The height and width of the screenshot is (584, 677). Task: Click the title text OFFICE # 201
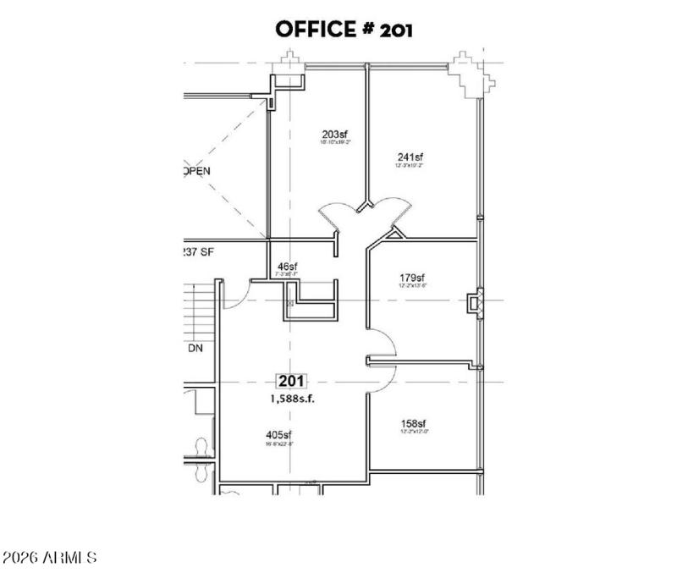[x=344, y=30]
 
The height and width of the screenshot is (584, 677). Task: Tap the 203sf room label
[x=335, y=135]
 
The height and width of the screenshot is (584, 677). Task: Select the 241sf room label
[x=410, y=157]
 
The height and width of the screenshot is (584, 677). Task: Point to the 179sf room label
[x=412, y=278]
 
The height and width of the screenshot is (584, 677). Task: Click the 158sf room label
[x=412, y=424]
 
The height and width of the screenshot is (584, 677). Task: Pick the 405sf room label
[x=279, y=436]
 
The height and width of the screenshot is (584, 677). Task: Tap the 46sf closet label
[x=287, y=267]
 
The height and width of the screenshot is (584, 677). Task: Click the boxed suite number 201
[x=292, y=382]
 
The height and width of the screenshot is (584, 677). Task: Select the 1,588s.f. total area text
[x=291, y=399]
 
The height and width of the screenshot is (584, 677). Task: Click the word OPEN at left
[x=196, y=170]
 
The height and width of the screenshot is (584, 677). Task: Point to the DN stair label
[x=195, y=348]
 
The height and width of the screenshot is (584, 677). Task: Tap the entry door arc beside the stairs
[x=236, y=292]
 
